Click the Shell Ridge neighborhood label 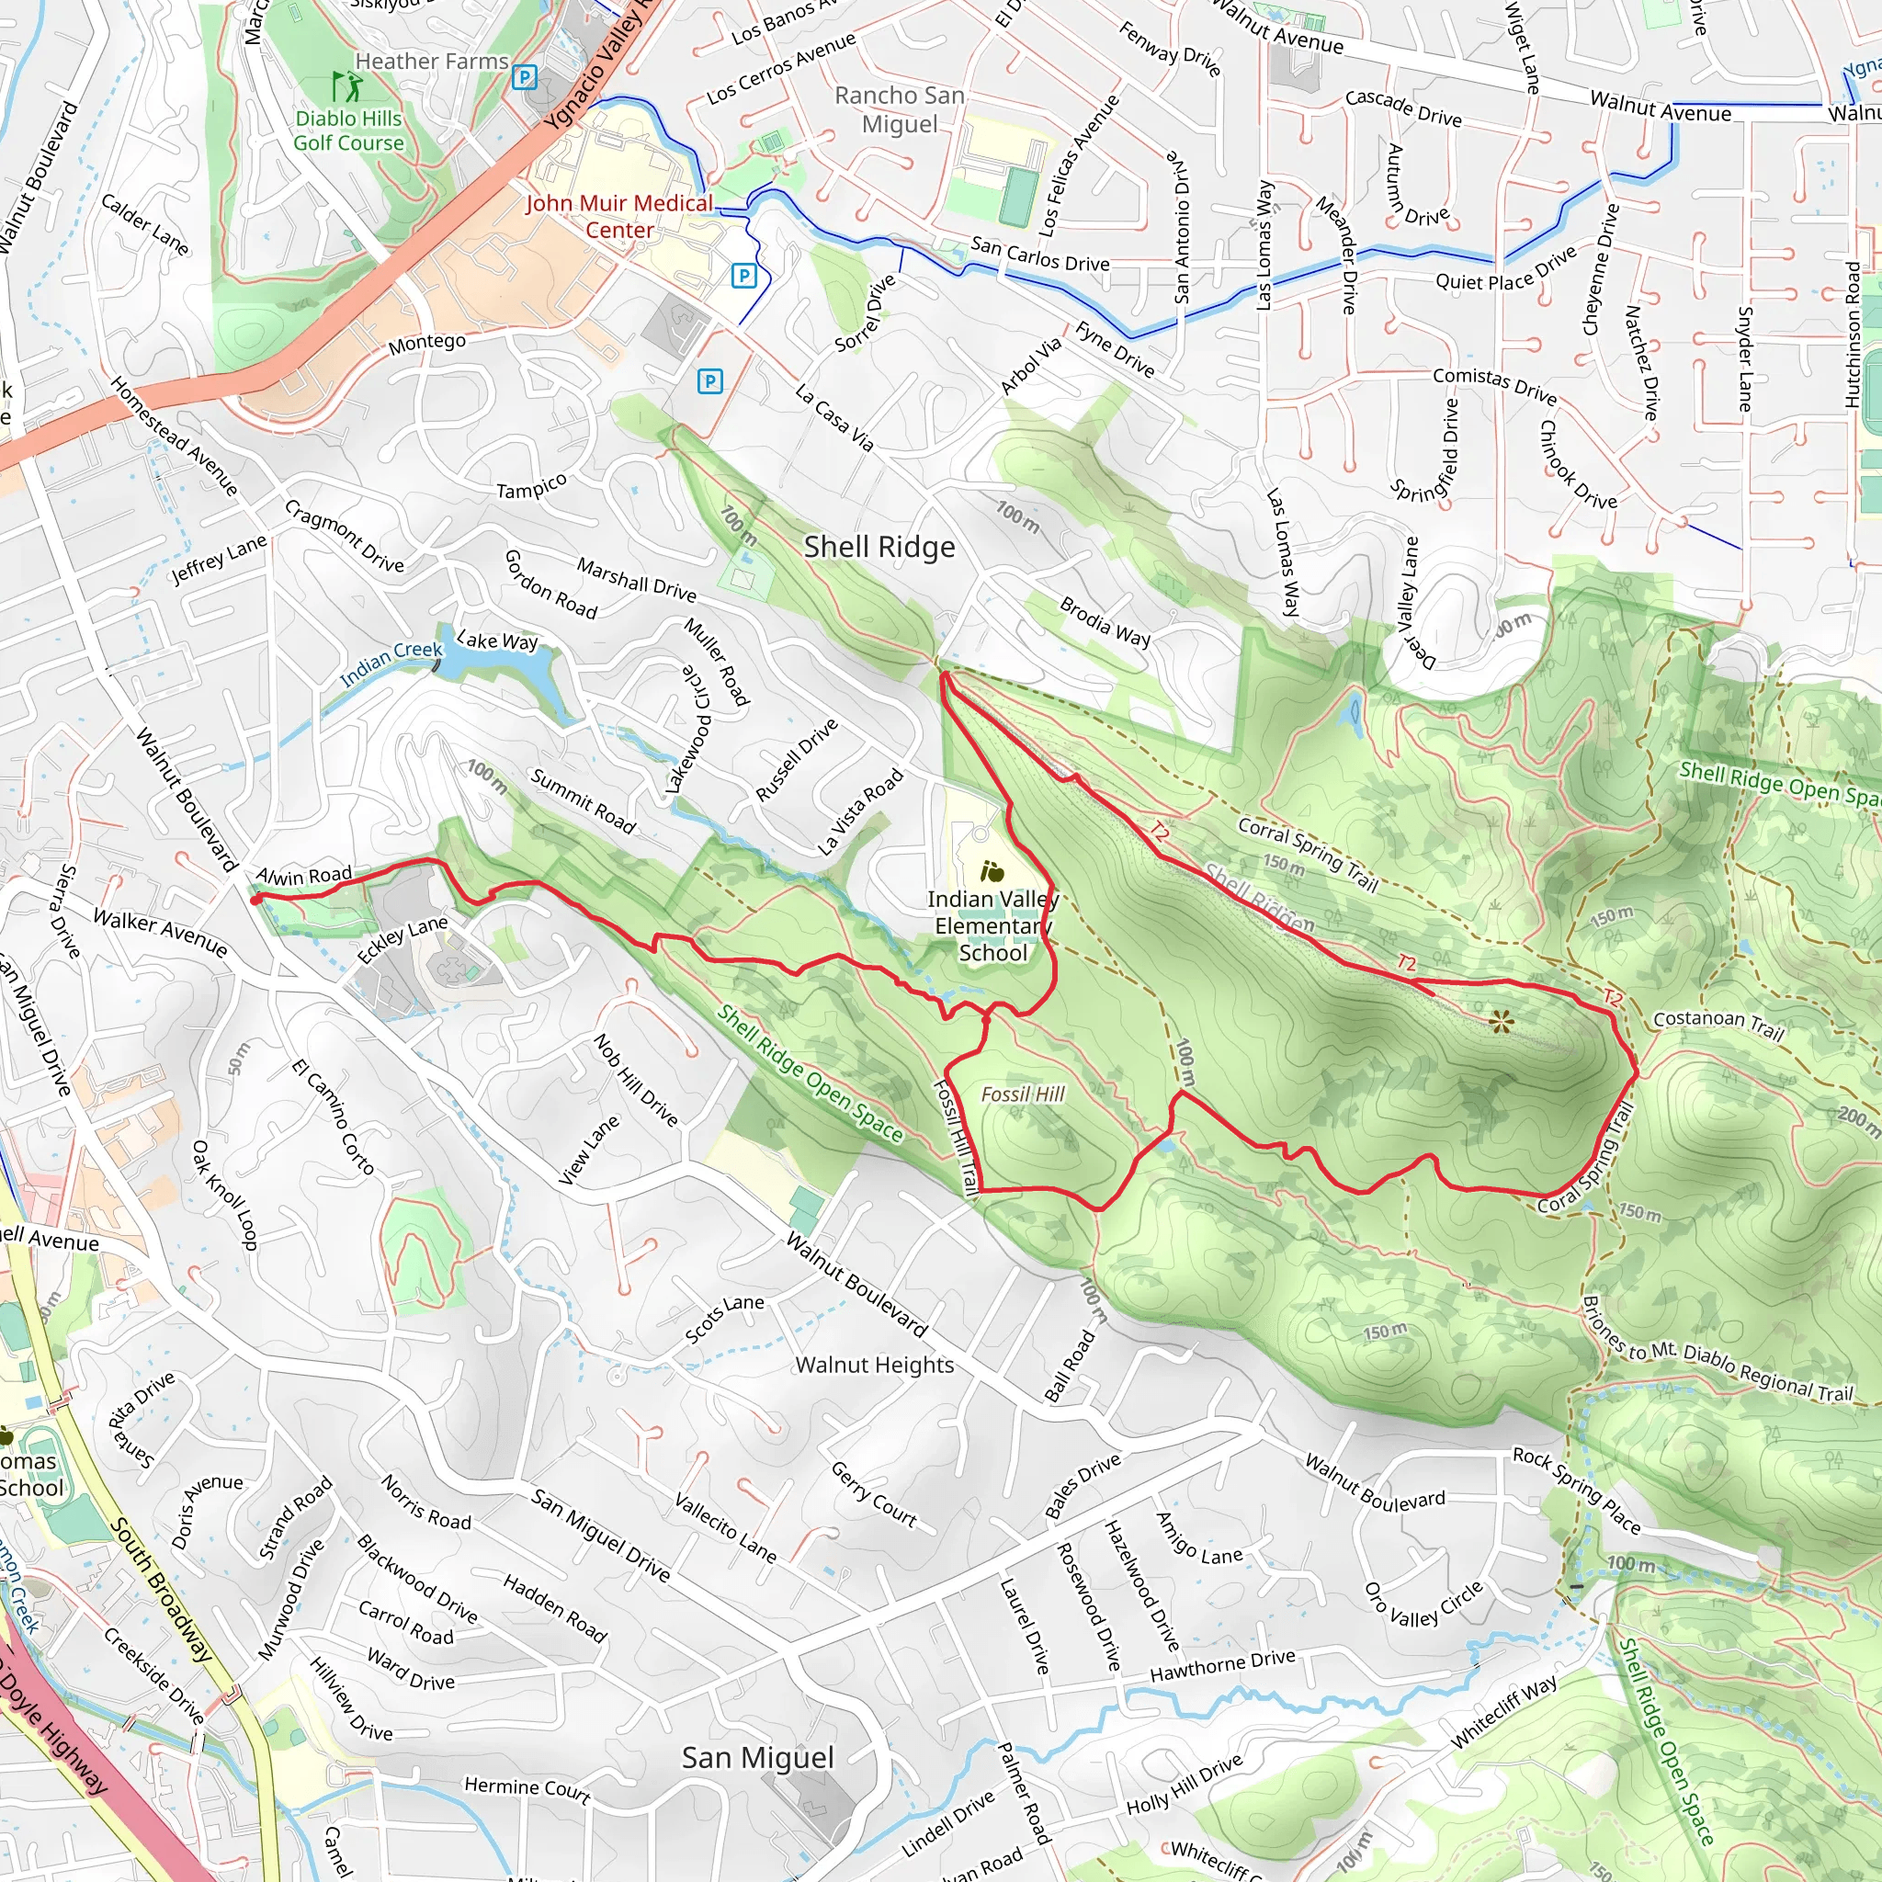click(879, 548)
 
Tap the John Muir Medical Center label click(619, 216)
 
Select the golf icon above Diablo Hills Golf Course click(346, 85)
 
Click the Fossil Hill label click(1023, 1094)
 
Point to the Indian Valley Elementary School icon click(992, 871)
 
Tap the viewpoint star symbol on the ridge click(1502, 1021)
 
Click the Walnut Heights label click(875, 1365)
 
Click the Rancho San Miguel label click(899, 109)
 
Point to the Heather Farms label click(432, 62)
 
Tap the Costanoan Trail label click(1718, 1025)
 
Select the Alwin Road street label click(303, 875)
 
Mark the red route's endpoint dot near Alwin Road click(255, 900)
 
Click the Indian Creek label click(391, 663)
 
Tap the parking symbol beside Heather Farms click(526, 77)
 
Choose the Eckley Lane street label click(402, 939)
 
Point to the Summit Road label click(583, 800)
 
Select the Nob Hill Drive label click(635, 1080)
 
